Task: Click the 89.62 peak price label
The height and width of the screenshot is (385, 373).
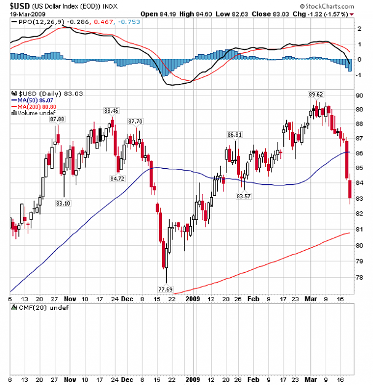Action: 316,94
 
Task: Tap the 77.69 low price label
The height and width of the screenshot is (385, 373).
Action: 165,290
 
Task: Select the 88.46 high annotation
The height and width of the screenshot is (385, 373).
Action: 111,110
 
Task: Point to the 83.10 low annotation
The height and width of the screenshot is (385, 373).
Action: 63,203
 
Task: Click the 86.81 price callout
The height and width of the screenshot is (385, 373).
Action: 235,134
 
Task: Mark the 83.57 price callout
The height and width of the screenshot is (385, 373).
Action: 243,196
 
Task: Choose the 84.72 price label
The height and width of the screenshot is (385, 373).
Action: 117,179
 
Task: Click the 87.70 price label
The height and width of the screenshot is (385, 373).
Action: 135,121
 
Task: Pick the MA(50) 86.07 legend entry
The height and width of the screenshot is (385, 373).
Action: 33,100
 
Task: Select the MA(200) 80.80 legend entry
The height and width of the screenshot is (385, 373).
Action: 34,107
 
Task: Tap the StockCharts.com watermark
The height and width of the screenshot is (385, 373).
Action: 327,6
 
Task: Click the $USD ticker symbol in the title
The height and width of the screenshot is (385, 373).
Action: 20,6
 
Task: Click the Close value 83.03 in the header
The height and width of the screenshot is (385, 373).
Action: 270,14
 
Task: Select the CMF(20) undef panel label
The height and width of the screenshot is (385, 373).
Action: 40,307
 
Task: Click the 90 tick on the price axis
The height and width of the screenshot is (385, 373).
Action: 359,95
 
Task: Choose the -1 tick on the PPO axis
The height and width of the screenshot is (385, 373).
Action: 359,75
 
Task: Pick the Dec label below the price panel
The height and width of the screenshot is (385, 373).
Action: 127,299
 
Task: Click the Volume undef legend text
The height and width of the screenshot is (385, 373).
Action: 33,113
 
